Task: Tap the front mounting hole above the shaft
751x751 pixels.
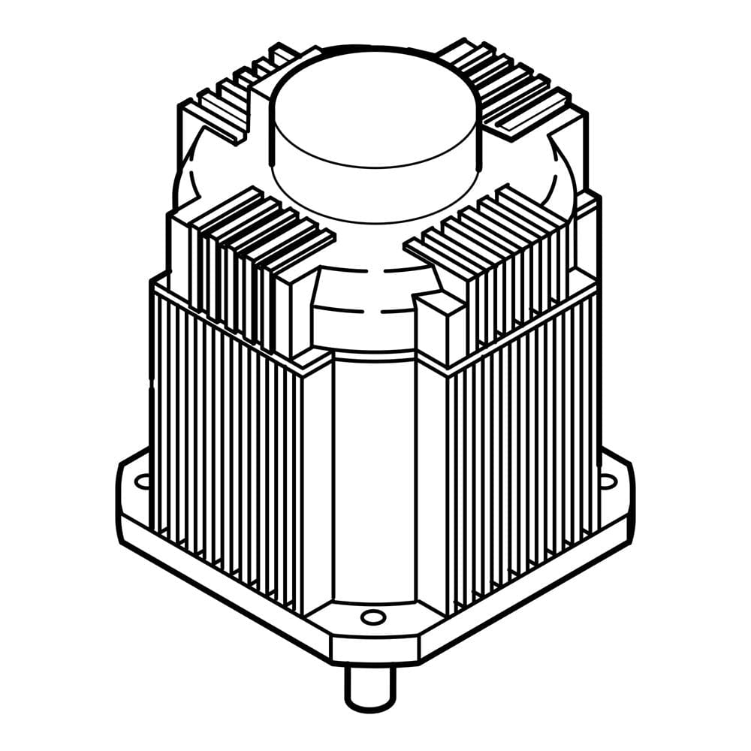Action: [372, 617]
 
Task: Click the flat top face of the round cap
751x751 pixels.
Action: [374, 105]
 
